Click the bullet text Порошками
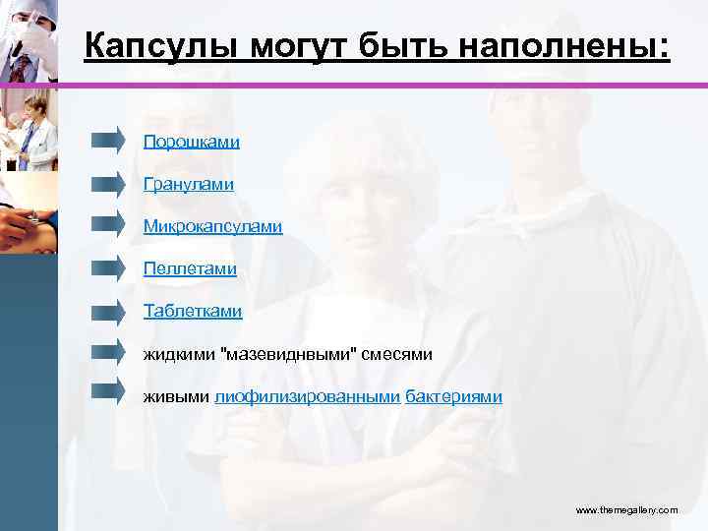coord(192,143)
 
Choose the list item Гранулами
coord(189,184)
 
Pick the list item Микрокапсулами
coord(212,227)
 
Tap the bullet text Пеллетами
coord(190,268)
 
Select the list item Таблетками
coord(193,312)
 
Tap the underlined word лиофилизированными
coord(308,396)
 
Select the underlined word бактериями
coord(453,396)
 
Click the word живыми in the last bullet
coord(176,396)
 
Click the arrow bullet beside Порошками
coord(108,140)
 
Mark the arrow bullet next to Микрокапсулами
coord(108,224)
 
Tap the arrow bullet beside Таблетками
coord(108,309)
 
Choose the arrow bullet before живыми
coord(108,392)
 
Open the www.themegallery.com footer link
coord(626,510)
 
